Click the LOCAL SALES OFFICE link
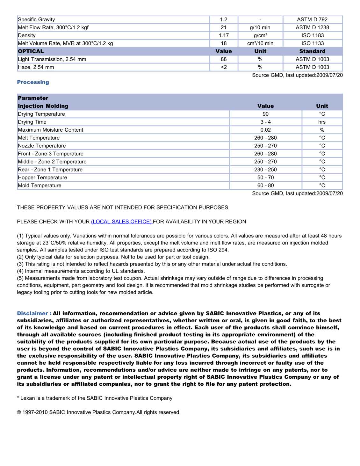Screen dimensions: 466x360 pos(122,222)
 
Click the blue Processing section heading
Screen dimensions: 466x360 pos(33,82)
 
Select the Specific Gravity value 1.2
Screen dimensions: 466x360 pos(224,19)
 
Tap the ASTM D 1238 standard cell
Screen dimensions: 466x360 pos(312,27)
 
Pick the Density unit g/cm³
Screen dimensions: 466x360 pos(260,35)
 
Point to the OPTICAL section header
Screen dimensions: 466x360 pos(31,51)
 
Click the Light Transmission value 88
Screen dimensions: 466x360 pos(224,59)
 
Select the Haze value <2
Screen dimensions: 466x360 pos(224,67)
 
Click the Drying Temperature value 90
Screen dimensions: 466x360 pos(265,114)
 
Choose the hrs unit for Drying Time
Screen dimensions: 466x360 pos(322,122)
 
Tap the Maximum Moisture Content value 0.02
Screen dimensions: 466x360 pos(265,130)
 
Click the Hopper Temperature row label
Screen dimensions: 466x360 pos(42,178)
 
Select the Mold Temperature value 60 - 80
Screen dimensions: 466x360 pos(265,186)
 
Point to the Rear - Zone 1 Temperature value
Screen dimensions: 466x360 pos(265,170)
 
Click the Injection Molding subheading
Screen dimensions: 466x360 pos(43,106)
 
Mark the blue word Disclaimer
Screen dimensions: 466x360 pos(32,314)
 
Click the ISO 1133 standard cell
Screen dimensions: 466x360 pos(312,43)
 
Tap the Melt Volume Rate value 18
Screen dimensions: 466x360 pos(224,43)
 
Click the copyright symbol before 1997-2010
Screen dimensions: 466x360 pos(19,412)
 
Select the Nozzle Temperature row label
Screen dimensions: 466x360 pos(42,146)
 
